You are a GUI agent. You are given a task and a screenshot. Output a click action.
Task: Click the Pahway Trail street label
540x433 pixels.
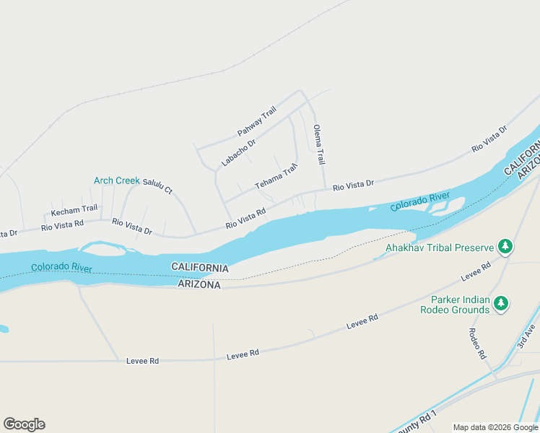click(x=257, y=122)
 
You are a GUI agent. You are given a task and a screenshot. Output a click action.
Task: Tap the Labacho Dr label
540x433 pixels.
click(x=238, y=152)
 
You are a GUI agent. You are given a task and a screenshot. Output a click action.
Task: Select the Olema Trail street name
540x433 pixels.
click(x=318, y=145)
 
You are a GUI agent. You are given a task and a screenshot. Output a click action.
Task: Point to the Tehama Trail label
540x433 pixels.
click(x=276, y=177)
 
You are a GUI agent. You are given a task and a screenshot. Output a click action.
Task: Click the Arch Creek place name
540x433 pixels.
click(x=116, y=180)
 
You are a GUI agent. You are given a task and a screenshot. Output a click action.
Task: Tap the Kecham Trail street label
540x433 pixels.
click(x=74, y=210)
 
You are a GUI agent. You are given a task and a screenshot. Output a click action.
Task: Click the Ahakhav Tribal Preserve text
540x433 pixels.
click(x=439, y=248)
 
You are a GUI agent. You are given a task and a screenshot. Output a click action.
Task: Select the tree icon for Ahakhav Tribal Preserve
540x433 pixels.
click(x=505, y=248)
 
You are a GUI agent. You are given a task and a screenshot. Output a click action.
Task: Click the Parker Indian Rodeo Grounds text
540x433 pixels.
click(x=461, y=305)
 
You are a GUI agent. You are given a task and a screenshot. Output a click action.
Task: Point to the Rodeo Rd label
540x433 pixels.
click(x=475, y=344)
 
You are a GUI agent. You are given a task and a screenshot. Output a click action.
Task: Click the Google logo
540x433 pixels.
click(x=24, y=424)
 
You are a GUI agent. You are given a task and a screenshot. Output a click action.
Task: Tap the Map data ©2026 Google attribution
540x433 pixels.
click(x=496, y=427)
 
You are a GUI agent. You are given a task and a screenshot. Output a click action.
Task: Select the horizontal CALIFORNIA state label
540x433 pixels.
click(x=200, y=268)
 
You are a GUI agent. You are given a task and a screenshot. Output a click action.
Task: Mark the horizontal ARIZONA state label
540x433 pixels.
click(x=199, y=285)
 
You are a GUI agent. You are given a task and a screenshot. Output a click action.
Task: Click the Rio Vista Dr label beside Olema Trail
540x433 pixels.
click(x=353, y=185)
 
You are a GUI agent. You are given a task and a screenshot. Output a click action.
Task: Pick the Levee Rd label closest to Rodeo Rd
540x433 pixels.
click(x=476, y=271)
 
